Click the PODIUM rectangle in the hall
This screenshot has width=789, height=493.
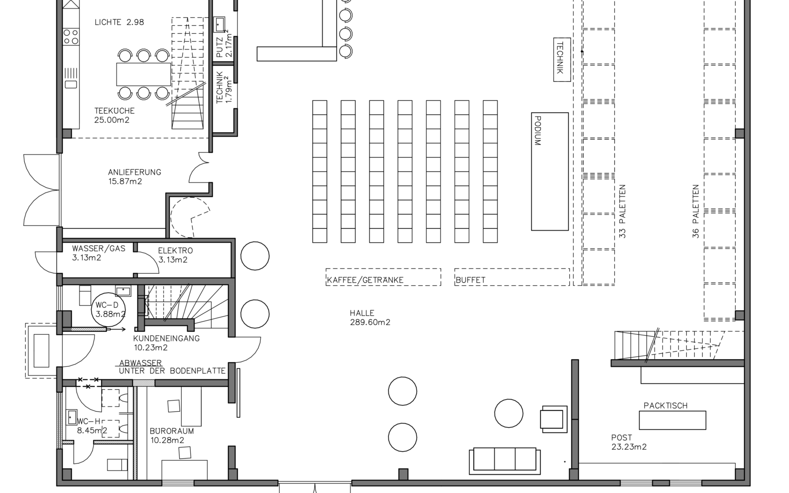coord(550,171)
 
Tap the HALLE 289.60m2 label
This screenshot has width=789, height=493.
coord(370,317)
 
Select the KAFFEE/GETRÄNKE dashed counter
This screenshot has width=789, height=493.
coord(383,277)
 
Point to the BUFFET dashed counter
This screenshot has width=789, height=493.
coord(512,277)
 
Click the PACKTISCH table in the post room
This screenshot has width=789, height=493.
coord(673,420)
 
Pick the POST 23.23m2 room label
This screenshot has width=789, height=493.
coord(629,442)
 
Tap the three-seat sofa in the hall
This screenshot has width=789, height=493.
coord(505,461)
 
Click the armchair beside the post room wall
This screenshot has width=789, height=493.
coord(554,419)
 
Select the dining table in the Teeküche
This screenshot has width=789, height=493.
coord(144,74)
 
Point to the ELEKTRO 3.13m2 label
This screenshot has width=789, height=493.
coord(175,255)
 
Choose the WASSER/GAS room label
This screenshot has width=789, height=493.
coord(99,249)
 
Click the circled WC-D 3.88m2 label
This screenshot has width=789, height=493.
coord(108,309)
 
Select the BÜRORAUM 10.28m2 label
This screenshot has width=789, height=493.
coord(171,436)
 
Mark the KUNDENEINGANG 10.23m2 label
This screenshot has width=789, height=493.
coord(166,343)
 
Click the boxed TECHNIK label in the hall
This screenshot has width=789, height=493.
coord(562,60)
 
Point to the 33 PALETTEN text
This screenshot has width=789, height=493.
coord(622,211)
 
